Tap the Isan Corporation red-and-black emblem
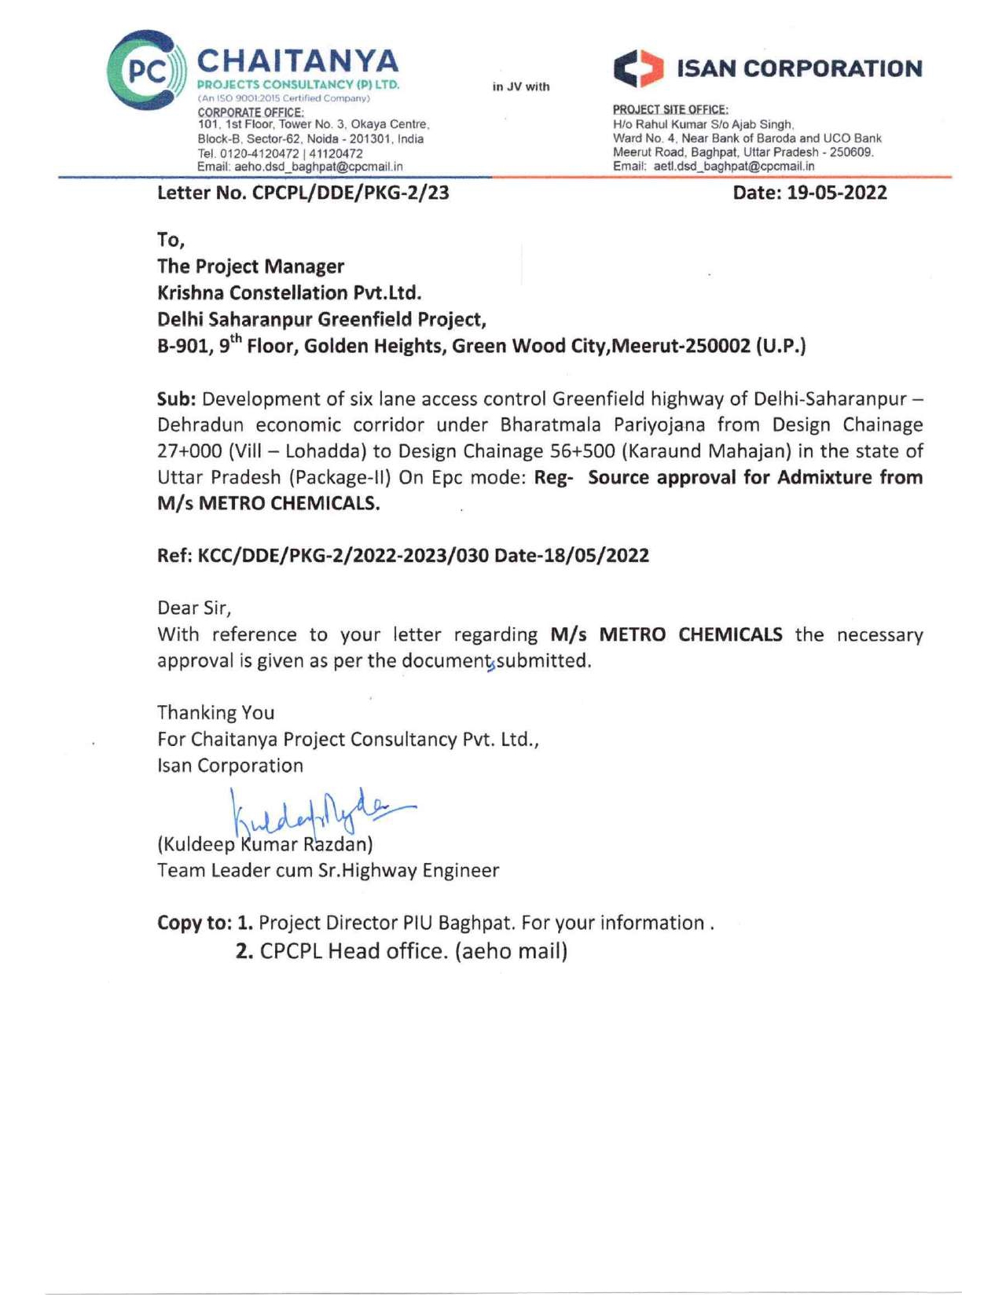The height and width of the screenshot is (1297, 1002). click(x=637, y=69)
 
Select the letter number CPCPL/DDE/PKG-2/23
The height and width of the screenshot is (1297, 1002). click(x=351, y=193)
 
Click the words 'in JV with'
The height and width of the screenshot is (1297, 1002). click(x=521, y=86)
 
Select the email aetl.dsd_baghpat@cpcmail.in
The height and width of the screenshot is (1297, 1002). click(x=734, y=166)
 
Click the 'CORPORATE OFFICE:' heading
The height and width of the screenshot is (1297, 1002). click(x=250, y=112)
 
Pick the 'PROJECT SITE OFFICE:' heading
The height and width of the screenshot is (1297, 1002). click(x=670, y=109)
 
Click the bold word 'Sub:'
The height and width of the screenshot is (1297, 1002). click(x=176, y=399)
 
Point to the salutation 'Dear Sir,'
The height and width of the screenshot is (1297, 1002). click(x=194, y=608)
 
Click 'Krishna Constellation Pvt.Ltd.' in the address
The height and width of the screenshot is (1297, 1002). click(x=289, y=293)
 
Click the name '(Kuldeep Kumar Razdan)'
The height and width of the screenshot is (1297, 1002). click(x=265, y=845)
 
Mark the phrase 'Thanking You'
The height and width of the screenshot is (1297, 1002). click(x=215, y=713)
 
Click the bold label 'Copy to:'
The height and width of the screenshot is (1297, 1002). click(x=194, y=923)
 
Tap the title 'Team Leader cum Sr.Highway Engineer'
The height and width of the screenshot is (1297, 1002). click(x=328, y=871)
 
